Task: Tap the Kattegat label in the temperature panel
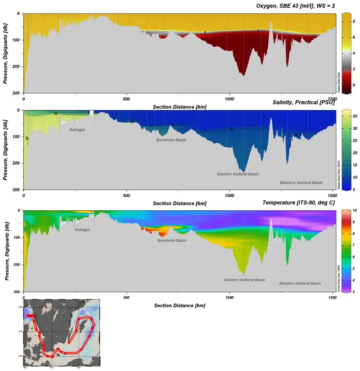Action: pyautogui.click(x=84, y=229)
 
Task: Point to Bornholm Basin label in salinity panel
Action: pyautogui.click(x=171, y=139)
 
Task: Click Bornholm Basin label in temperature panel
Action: pyautogui.click(x=172, y=240)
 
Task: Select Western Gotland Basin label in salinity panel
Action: pyautogui.click(x=301, y=182)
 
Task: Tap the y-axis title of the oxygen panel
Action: pyautogui.click(x=6, y=53)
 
